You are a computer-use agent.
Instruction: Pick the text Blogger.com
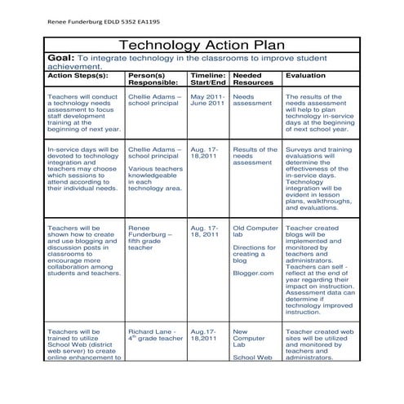(253, 274)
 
